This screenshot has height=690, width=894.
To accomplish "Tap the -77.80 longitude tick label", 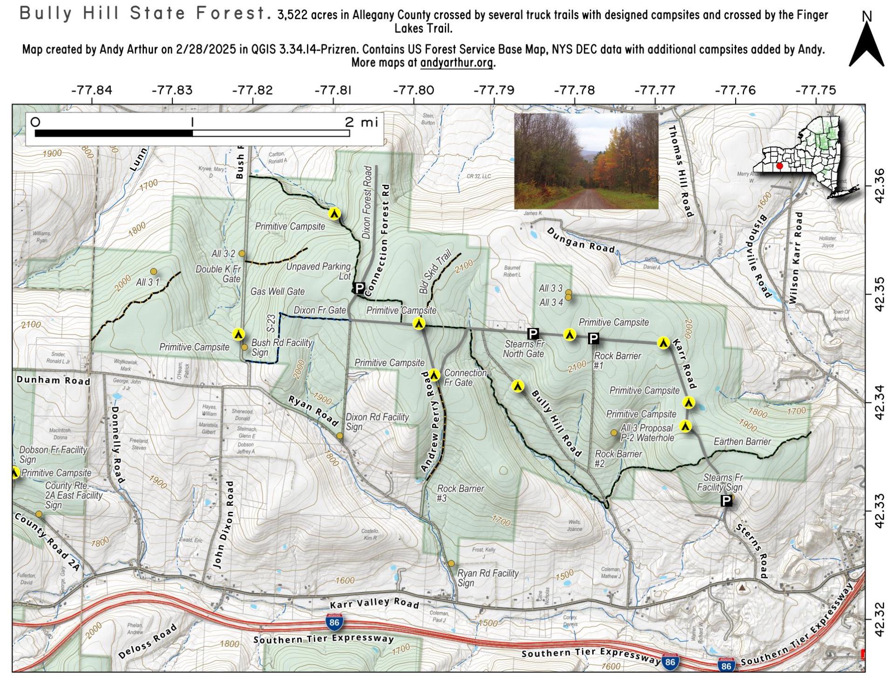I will click(x=413, y=90).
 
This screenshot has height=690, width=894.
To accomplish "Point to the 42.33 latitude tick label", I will click(x=880, y=511).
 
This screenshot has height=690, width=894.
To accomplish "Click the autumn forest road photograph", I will click(x=586, y=161).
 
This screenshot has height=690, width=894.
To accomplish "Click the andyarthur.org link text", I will click(x=456, y=63).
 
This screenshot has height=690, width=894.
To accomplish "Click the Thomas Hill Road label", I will click(x=681, y=171).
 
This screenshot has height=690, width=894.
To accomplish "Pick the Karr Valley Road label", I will click(x=374, y=603).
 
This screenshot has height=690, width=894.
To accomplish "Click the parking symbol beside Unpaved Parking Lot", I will click(x=359, y=288).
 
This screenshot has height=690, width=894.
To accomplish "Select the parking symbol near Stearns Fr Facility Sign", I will click(x=726, y=501).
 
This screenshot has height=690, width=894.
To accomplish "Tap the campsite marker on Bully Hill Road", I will click(x=517, y=386).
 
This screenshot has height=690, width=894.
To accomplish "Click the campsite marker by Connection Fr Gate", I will click(x=434, y=375).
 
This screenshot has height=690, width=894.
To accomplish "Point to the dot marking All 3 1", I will click(x=153, y=271).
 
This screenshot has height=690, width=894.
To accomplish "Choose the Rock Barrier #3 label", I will click(x=460, y=494).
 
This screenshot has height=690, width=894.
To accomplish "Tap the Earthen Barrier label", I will click(x=742, y=442).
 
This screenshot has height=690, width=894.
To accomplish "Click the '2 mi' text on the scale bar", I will click(x=361, y=122).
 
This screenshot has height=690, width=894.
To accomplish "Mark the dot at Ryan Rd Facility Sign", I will click(x=451, y=563).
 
